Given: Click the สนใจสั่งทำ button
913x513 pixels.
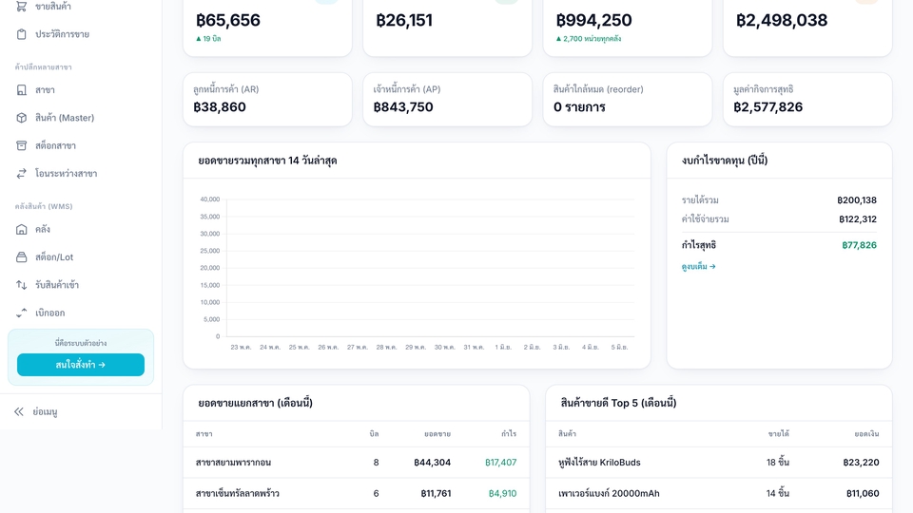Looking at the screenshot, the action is (x=80, y=365).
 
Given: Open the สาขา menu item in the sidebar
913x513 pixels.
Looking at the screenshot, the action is (x=45, y=90).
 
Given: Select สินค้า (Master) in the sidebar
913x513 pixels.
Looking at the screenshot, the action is (x=64, y=118).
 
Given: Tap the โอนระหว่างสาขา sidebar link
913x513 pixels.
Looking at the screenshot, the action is (x=66, y=173).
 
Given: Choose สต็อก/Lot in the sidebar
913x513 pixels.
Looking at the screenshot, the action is (x=54, y=257).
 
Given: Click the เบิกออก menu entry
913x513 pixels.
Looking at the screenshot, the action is (x=49, y=313).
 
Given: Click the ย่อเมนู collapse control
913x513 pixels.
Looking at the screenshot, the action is (x=45, y=411).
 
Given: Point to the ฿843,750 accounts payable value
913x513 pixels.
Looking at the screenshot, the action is (x=403, y=107).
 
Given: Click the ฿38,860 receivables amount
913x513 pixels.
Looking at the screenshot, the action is (x=220, y=107).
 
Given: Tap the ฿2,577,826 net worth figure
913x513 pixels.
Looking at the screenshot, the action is (x=768, y=107).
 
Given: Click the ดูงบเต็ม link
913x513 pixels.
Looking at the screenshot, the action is (x=699, y=266).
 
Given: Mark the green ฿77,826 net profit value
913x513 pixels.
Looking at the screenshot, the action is (x=859, y=245).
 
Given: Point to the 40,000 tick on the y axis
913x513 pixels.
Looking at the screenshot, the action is (x=209, y=199).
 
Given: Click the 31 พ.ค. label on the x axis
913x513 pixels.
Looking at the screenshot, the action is (x=474, y=348).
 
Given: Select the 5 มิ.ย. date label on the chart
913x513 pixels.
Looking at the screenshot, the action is (x=619, y=348).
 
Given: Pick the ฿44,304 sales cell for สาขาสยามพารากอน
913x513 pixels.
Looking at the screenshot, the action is (x=432, y=463).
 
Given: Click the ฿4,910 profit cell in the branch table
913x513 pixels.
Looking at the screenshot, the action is (x=502, y=493).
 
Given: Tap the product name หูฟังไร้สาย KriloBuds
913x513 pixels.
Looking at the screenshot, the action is (x=599, y=463).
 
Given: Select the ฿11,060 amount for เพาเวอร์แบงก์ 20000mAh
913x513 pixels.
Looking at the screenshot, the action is (x=863, y=493).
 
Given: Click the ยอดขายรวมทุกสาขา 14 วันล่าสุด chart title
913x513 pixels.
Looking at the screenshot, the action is (x=267, y=161).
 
